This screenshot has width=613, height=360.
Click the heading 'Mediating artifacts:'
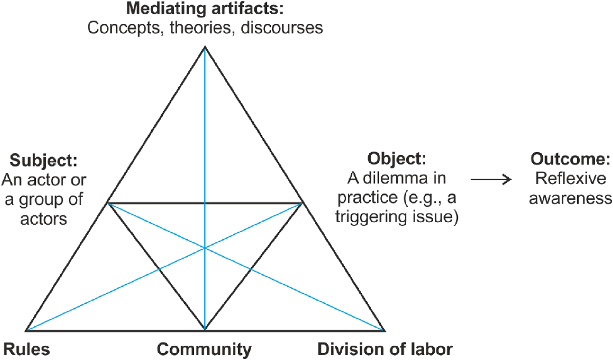coord(205,8)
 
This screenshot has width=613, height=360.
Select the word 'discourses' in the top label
coord(282,27)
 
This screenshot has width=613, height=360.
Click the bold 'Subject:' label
coord(43,160)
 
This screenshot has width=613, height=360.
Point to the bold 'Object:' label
coord(397,159)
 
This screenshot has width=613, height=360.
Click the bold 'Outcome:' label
coord(570,159)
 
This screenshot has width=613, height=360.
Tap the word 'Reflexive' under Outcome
coord(571,178)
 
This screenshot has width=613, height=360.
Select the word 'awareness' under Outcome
coord(571,198)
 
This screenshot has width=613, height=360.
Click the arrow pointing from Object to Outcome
coord(491,179)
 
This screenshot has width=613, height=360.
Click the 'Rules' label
coord(26,349)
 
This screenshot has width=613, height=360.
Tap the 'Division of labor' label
coord(385,349)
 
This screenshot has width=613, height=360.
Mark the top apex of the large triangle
coord(205,46)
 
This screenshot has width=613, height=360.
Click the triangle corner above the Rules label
coord(26,331)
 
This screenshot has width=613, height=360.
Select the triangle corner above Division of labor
coord(384,331)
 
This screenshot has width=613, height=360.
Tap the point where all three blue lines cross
coord(205,248)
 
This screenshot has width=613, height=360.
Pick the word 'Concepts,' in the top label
coord(126,28)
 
